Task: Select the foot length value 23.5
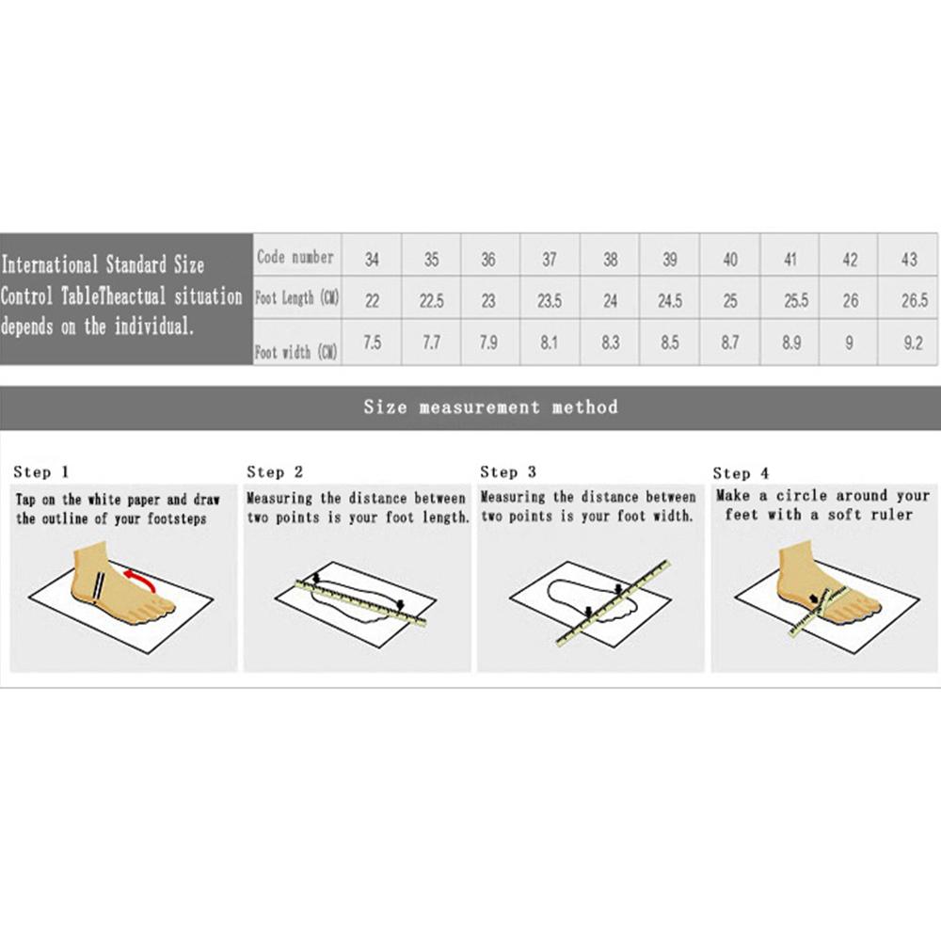(x=550, y=300)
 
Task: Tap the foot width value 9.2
(x=913, y=343)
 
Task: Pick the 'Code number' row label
(x=295, y=257)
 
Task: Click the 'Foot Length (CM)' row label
(x=297, y=297)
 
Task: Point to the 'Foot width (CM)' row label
(x=295, y=351)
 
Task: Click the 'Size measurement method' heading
(x=490, y=407)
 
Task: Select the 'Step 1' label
(x=41, y=472)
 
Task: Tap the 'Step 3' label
(x=508, y=472)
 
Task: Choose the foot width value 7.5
(x=372, y=343)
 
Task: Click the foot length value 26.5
(x=914, y=300)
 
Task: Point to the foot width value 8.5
(x=670, y=343)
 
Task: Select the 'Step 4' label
(x=741, y=473)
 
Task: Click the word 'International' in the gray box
(x=50, y=264)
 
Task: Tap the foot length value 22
(x=372, y=300)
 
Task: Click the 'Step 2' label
(x=275, y=472)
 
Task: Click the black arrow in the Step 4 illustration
(x=813, y=598)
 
